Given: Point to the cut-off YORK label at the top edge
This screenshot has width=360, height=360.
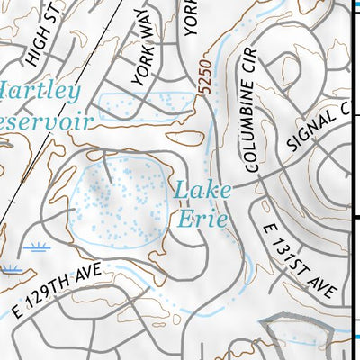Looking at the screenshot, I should (x=191, y=16).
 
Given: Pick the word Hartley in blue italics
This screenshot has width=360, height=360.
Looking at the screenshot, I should (x=40, y=91).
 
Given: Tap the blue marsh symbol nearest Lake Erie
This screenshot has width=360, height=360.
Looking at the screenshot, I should (x=39, y=246).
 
